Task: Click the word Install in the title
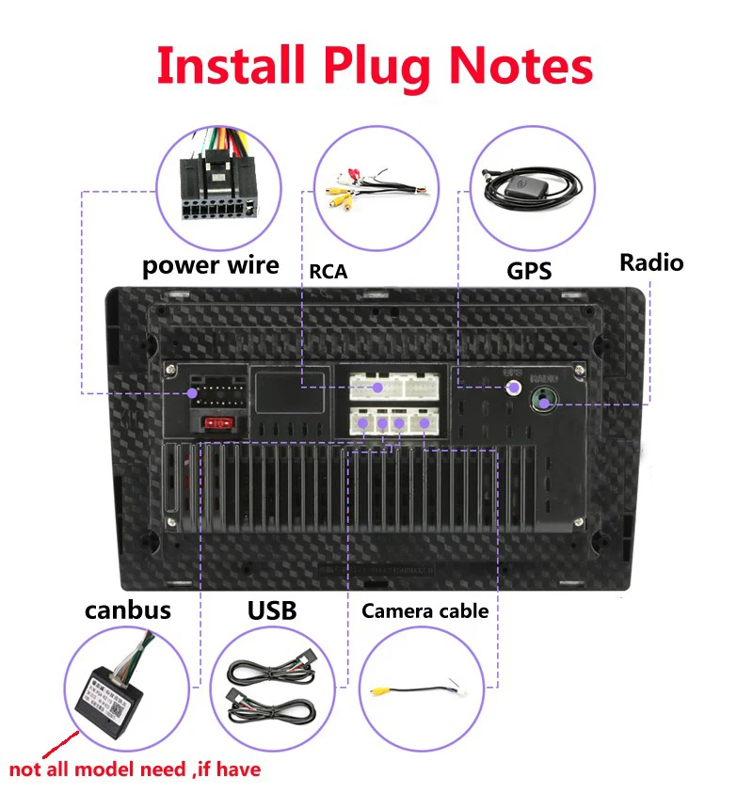[x=232, y=66]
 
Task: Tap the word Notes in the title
[x=521, y=66]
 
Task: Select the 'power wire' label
[x=211, y=265]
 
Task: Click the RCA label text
[x=328, y=272]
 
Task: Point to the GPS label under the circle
[x=529, y=271]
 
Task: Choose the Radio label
[x=651, y=262]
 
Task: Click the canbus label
[x=128, y=610]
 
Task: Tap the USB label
[x=272, y=610]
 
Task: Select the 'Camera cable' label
[x=425, y=611]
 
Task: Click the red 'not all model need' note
[x=135, y=769]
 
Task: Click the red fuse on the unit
[x=216, y=424]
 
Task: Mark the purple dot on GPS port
[x=514, y=387]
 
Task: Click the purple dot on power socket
[x=194, y=392]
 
